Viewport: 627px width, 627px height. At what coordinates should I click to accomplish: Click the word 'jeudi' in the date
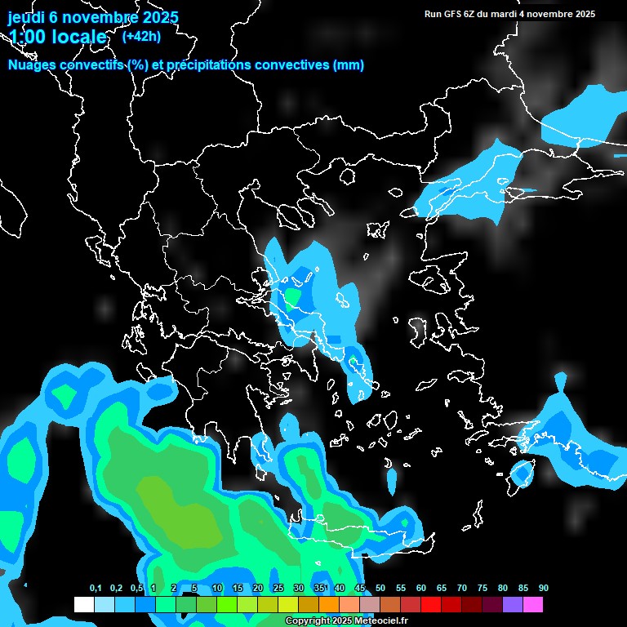26,17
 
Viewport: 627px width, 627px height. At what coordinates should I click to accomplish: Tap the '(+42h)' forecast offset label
140,36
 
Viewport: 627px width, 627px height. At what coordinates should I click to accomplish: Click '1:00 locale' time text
57,38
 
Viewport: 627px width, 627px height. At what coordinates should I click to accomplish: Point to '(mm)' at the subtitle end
348,65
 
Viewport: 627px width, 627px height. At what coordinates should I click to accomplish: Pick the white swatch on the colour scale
83,605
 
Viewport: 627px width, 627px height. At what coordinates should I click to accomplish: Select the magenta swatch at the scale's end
533,605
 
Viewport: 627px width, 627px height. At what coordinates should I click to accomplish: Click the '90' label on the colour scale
544,589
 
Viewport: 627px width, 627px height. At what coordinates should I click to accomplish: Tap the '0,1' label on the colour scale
96,589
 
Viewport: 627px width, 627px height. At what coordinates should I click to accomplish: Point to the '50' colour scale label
380,589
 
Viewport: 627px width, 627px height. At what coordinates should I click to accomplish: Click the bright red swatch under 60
431,605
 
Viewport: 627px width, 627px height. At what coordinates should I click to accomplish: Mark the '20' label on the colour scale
258,589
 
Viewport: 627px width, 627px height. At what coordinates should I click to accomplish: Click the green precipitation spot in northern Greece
291,295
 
